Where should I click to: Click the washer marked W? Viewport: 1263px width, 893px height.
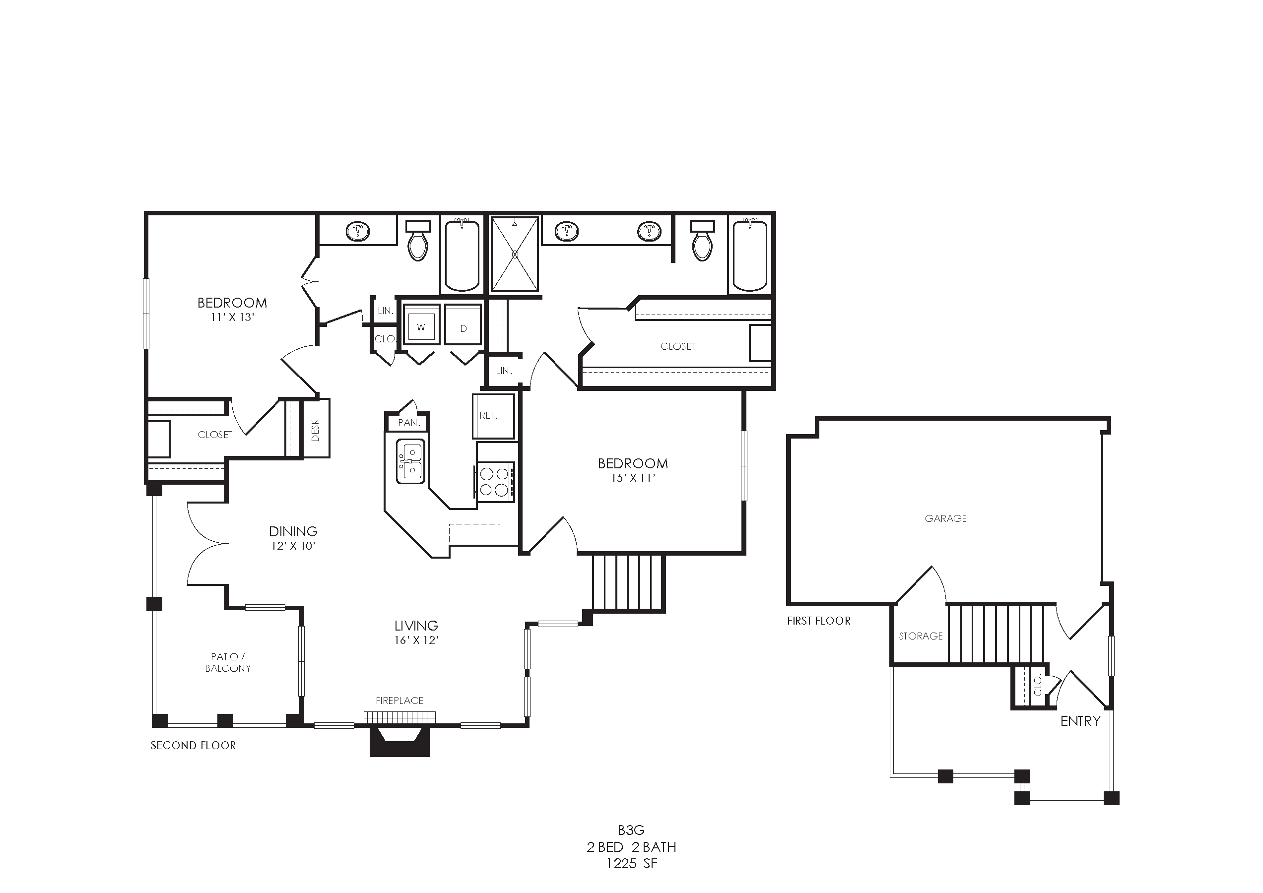tap(421, 324)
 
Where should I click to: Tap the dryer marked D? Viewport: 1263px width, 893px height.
tap(463, 324)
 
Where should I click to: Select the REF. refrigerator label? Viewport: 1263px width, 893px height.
tap(488, 416)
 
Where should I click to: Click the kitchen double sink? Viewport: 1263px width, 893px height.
tap(410, 461)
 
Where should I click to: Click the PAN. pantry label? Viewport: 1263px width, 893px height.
tap(409, 423)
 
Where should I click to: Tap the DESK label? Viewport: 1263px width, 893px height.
tap(315, 431)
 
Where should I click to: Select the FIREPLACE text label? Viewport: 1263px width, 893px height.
tap(399, 701)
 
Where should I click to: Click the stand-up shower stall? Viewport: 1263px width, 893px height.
tap(515, 254)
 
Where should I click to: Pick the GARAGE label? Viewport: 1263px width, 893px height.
tap(945, 518)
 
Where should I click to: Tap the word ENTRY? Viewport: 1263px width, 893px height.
tap(1080, 721)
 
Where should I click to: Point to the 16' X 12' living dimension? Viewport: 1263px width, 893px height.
tap(416, 640)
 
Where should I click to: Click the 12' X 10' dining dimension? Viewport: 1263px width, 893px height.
tap(293, 546)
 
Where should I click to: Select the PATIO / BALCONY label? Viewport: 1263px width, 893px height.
tap(228, 663)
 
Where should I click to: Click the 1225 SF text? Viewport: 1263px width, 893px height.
tap(631, 863)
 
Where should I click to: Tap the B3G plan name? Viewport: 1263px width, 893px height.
tap(631, 830)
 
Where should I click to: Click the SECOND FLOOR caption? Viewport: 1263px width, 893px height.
tap(193, 745)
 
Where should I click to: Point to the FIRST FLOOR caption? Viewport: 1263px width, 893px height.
tap(818, 621)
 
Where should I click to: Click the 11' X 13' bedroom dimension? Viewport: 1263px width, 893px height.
tap(232, 318)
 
